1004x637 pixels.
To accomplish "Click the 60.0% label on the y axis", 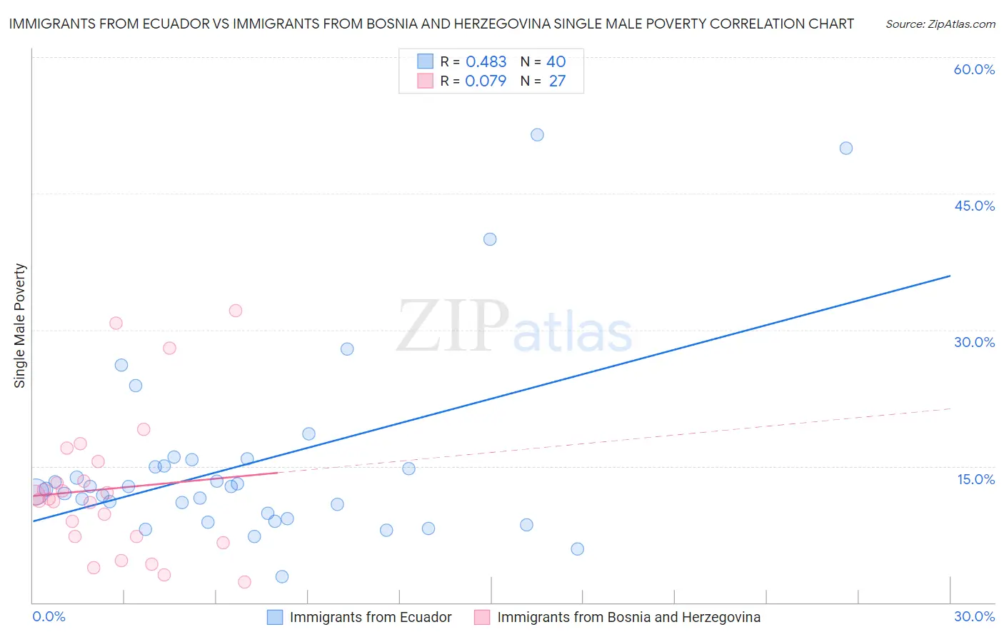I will tap(974, 70).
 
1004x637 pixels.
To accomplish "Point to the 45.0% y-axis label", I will tap(974, 206).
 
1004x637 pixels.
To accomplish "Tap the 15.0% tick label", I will tap(975, 479).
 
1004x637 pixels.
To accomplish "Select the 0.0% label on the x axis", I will tap(49, 617).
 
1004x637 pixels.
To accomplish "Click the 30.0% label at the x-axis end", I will tap(974, 617).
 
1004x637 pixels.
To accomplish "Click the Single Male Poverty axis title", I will tap(20, 326).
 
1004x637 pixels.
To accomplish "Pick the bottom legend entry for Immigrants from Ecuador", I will tap(360, 618).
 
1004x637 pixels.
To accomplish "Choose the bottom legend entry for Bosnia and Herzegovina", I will tap(618, 618).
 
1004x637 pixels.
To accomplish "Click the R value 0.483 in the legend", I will tap(486, 62).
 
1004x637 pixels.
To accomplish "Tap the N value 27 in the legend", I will tap(557, 81).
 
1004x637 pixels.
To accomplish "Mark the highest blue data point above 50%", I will tap(537, 135).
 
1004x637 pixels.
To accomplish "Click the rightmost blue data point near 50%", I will tap(845, 149).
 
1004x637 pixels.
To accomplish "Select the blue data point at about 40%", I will tap(490, 239).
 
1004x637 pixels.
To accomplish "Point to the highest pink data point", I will tap(236, 311).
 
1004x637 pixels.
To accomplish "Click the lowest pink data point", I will tap(244, 582).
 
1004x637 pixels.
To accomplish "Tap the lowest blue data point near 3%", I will tap(282, 576).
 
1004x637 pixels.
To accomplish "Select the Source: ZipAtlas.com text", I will tap(940, 24).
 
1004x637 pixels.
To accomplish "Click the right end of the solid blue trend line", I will tap(950, 276).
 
